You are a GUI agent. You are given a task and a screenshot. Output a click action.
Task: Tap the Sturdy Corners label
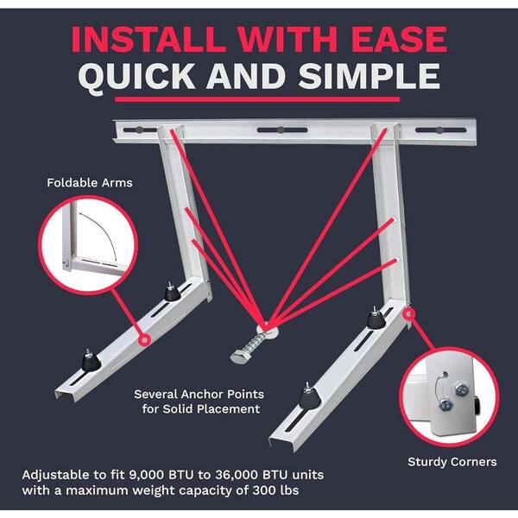[452, 462]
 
